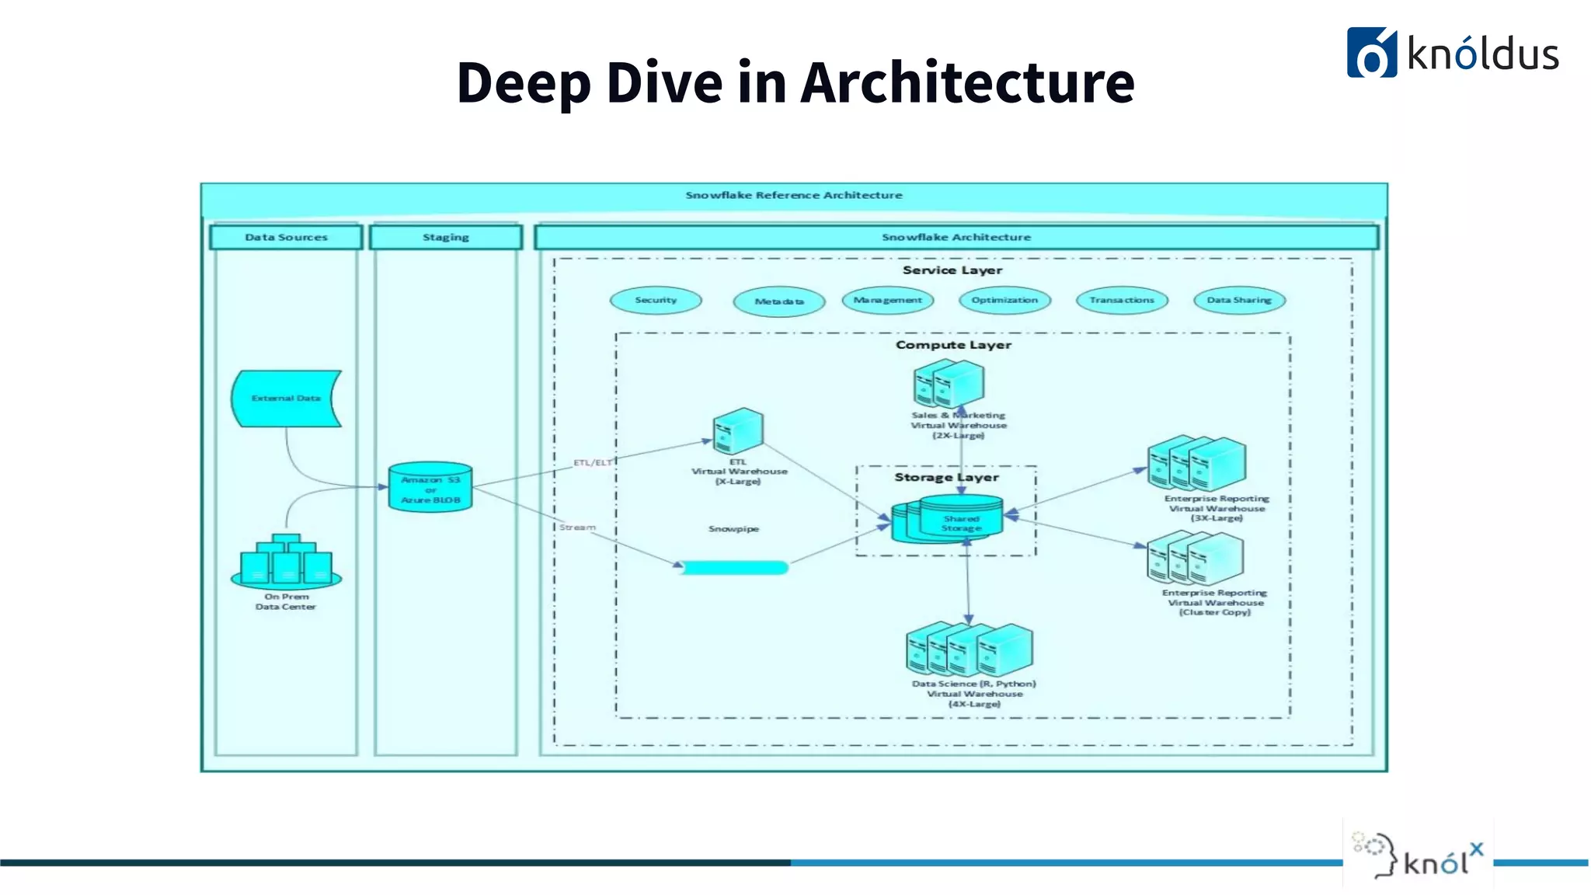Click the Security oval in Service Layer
click(656, 301)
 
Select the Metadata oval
click(779, 301)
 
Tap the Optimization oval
click(1004, 301)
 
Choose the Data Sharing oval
click(1239, 301)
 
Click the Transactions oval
click(1122, 301)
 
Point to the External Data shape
click(286, 399)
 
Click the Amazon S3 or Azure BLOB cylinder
click(430, 488)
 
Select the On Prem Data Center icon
click(286, 561)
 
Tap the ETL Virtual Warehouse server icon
click(738, 431)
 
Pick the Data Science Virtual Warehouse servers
click(969, 649)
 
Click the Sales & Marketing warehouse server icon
click(949, 384)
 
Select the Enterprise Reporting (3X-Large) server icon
click(1197, 463)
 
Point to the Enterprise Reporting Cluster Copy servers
click(1196, 558)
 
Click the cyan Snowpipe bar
click(735, 568)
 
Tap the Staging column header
click(445, 237)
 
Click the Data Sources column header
click(286, 237)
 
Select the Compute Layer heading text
click(953, 345)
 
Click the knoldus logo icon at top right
click(1371, 53)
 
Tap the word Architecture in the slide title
click(967, 82)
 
